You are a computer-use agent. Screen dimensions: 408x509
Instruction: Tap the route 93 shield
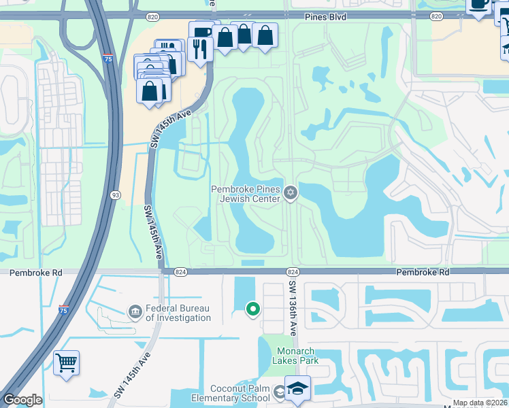[x=116, y=195]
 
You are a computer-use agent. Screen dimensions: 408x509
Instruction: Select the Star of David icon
[x=291, y=194]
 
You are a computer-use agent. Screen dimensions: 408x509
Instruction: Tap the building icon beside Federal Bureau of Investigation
[x=135, y=312]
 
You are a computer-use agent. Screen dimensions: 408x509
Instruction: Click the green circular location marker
[x=253, y=310]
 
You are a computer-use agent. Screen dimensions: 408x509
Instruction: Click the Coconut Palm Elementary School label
[x=231, y=394]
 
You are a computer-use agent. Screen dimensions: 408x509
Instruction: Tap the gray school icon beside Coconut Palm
[x=280, y=392]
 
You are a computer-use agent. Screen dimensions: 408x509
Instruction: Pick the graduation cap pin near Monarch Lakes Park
[x=297, y=388]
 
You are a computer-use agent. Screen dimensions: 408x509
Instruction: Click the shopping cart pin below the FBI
[x=66, y=362]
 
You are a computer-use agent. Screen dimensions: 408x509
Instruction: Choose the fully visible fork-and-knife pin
[x=200, y=49]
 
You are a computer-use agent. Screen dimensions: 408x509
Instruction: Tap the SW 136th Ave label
[x=293, y=307]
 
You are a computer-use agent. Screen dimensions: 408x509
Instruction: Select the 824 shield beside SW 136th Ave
[x=293, y=271]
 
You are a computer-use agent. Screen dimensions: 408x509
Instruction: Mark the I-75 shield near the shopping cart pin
[x=63, y=310]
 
